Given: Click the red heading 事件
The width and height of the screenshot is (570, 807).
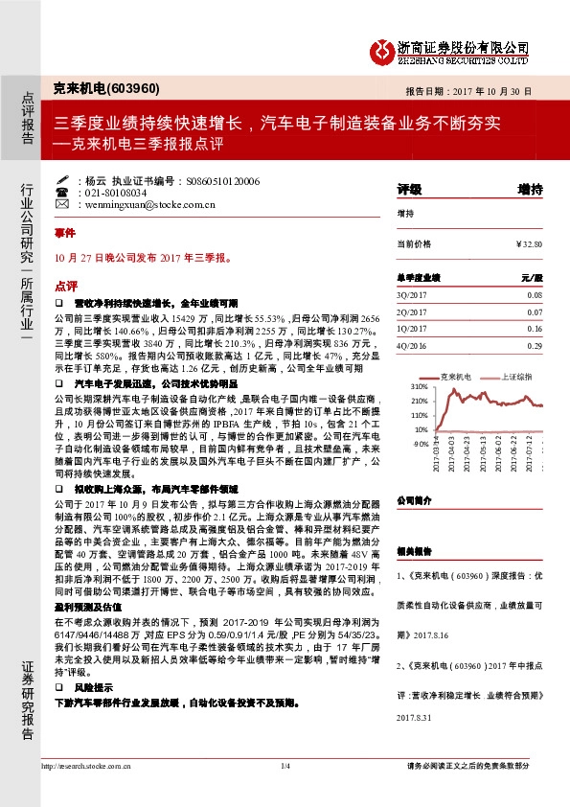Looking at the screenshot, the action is point(64,233).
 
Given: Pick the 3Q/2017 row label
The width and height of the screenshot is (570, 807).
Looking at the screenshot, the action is point(410,294).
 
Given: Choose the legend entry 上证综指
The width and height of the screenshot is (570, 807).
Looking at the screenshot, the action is point(514,377).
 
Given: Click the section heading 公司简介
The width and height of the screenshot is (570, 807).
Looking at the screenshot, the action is point(414,499).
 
